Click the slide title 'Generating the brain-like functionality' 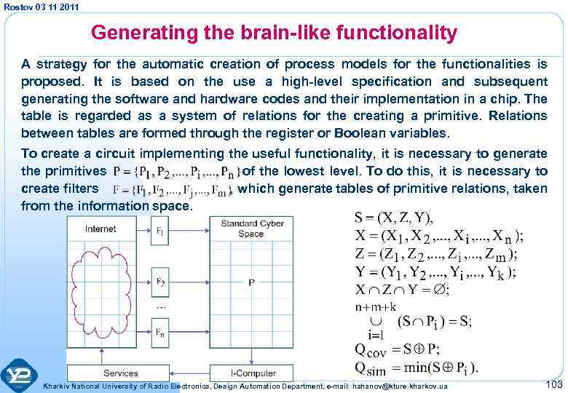(274, 33)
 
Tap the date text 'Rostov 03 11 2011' (41, 7)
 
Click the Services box (121, 373)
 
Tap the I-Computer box (251, 373)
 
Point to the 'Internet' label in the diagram (100, 229)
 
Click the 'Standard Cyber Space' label (251, 229)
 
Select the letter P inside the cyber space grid (251, 283)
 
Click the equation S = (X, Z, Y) (393, 218)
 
